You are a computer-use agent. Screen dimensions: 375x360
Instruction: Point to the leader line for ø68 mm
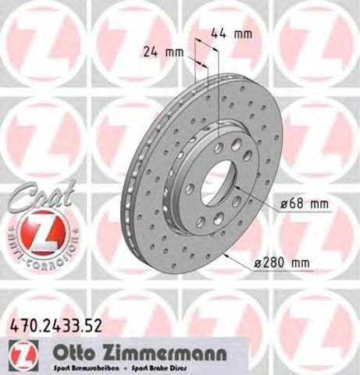(x=254, y=196)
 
